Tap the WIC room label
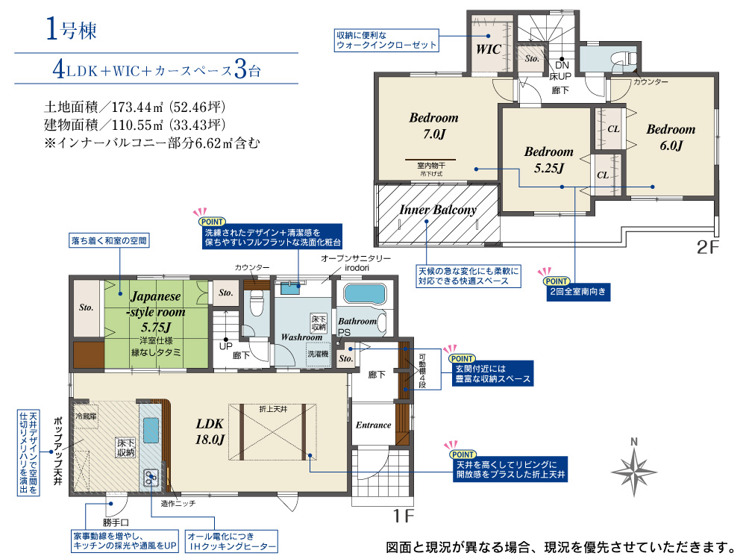coord(489,49)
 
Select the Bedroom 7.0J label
coord(434,125)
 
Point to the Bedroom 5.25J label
coord(548,160)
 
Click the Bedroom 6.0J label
coord(671,137)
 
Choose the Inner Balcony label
coord(438,210)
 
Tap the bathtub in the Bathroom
coord(364,294)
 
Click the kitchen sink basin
coord(151,430)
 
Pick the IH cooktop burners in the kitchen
coord(151,478)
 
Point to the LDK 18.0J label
coord(210,431)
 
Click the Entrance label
coord(374,425)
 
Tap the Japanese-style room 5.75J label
coord(156,311)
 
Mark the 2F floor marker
coord(707,248)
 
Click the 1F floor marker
coord(403,516)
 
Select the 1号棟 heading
coord(72,28)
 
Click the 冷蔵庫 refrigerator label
coord(86,416)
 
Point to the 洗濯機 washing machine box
coord(318,355)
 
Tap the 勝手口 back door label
coord(116,523)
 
